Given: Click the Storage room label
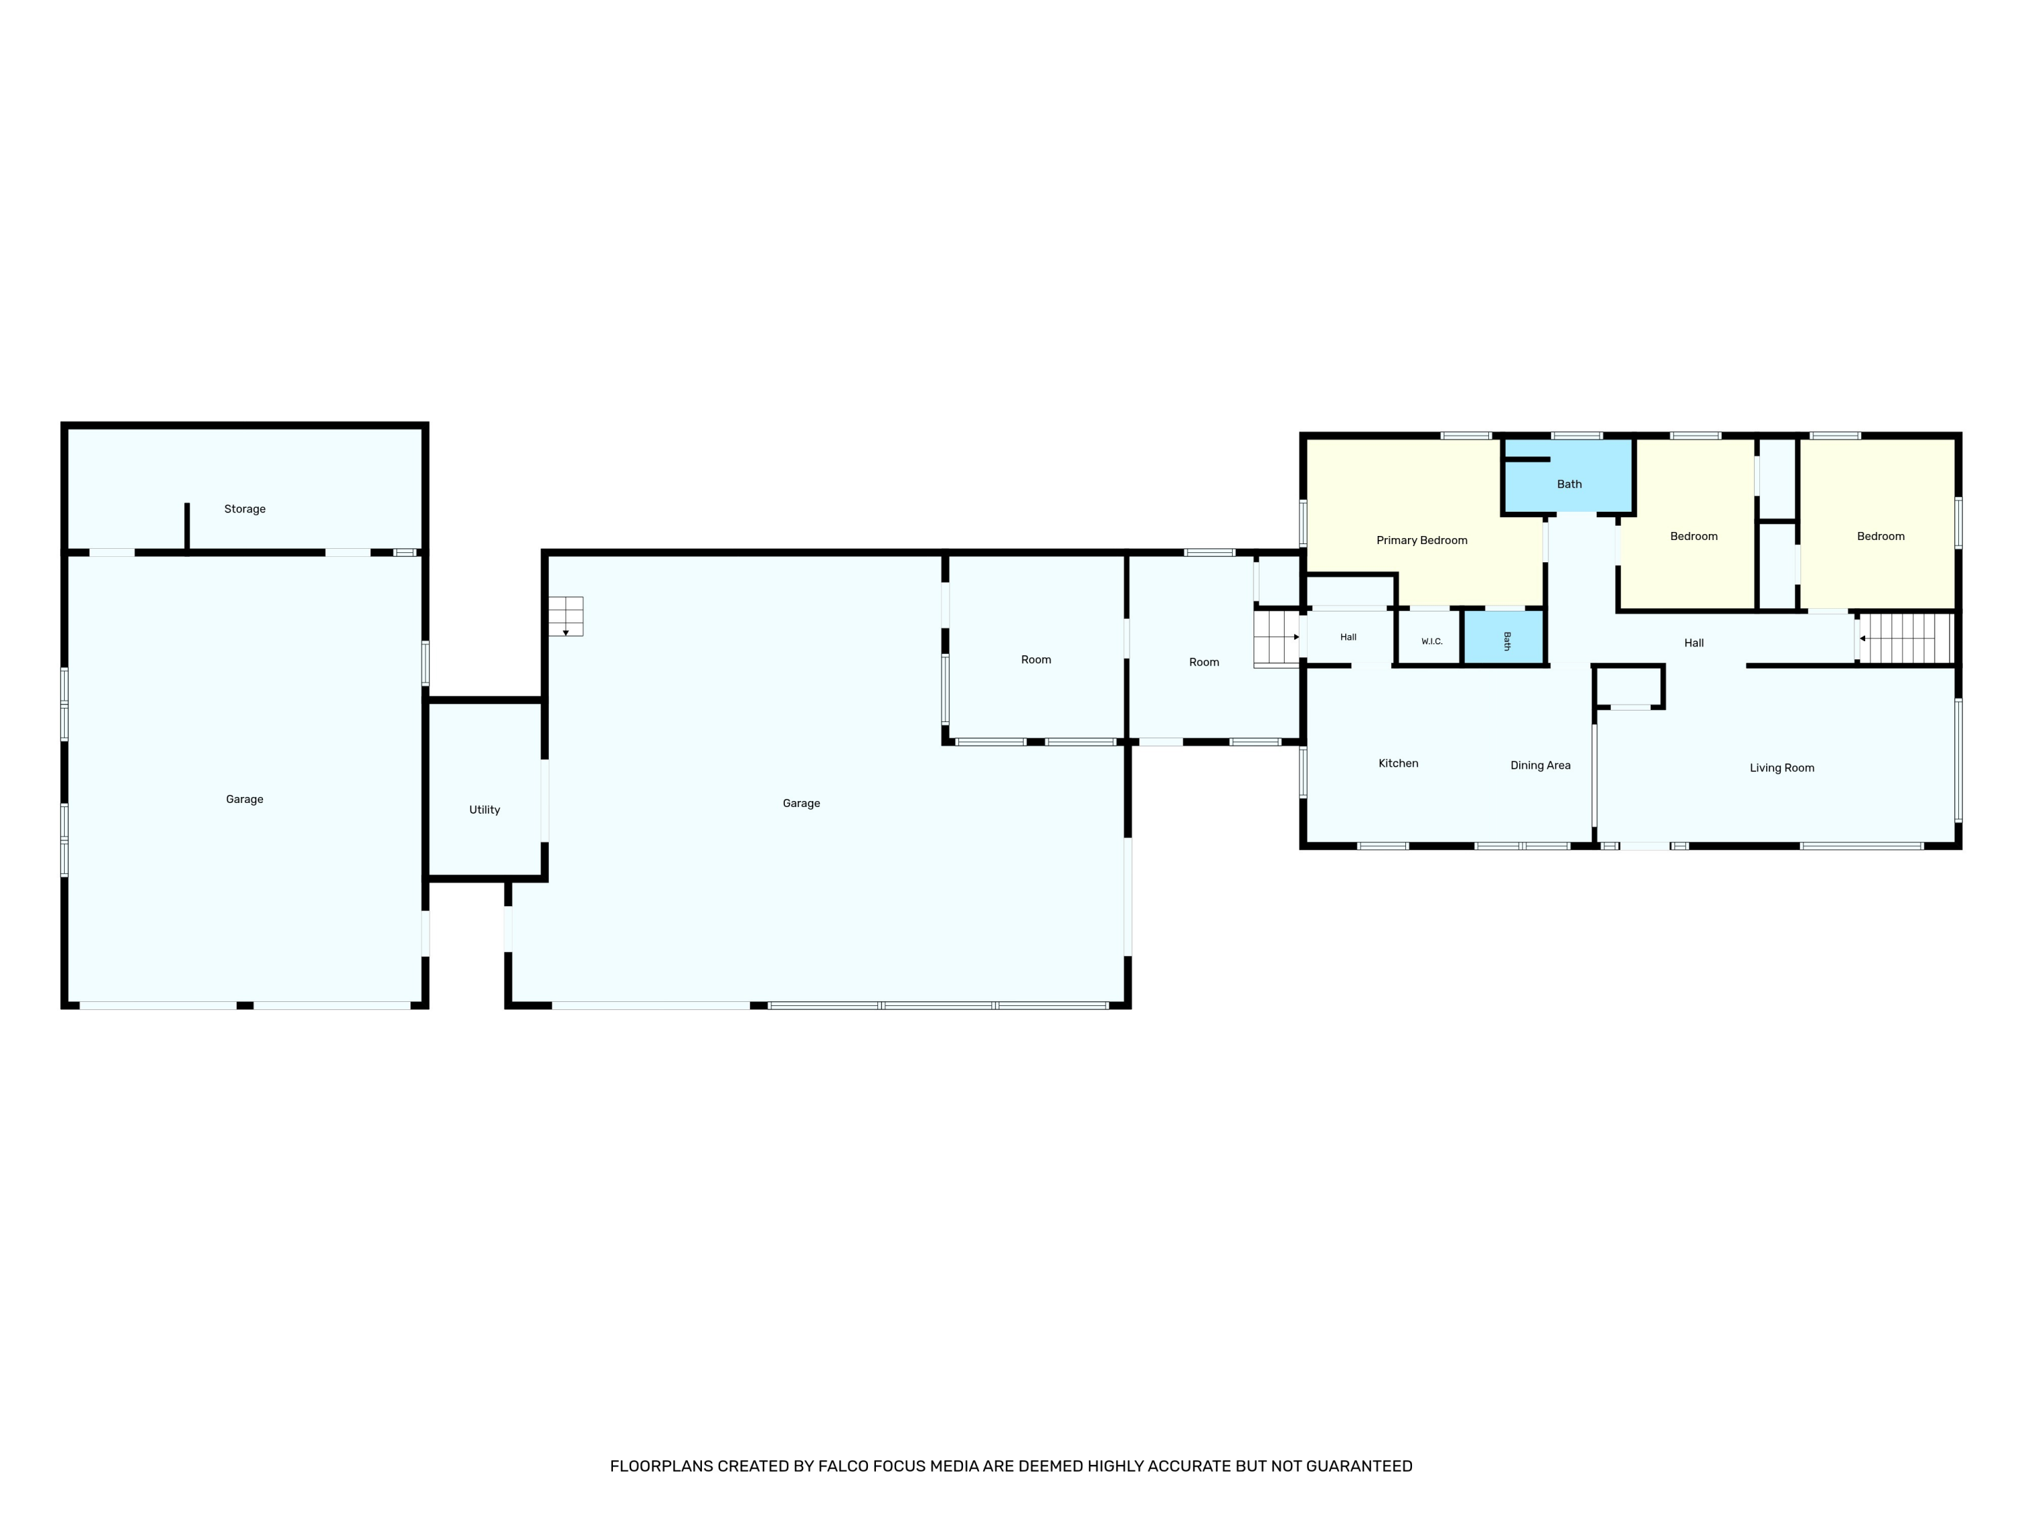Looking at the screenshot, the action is pyautogui.click(x=245, y=509).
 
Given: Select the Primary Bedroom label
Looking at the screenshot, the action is pyautogui.click(x=1422, y=541).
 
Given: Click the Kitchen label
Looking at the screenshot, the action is pyautogui.click(x=1399, y=763).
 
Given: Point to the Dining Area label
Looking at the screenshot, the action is pyautogui.click(x=1540, y=765).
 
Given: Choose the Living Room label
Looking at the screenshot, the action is pyautogui.click(x=1782, y=768).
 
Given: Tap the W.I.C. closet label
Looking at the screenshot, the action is pyautogui.click(x=1432, y=642).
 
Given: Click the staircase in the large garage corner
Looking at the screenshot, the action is pyautogui.click(x=566, y=616).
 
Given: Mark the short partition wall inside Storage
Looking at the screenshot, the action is pyautogui.click(x=187, y=528).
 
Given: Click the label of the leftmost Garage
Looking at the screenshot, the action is pyautogui.click(x=244, y=799).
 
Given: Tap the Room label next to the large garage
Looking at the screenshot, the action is pyautogui.click(x=1036, y=660).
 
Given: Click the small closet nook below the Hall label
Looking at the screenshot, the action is pyautogui.click(x=1629, y=686).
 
